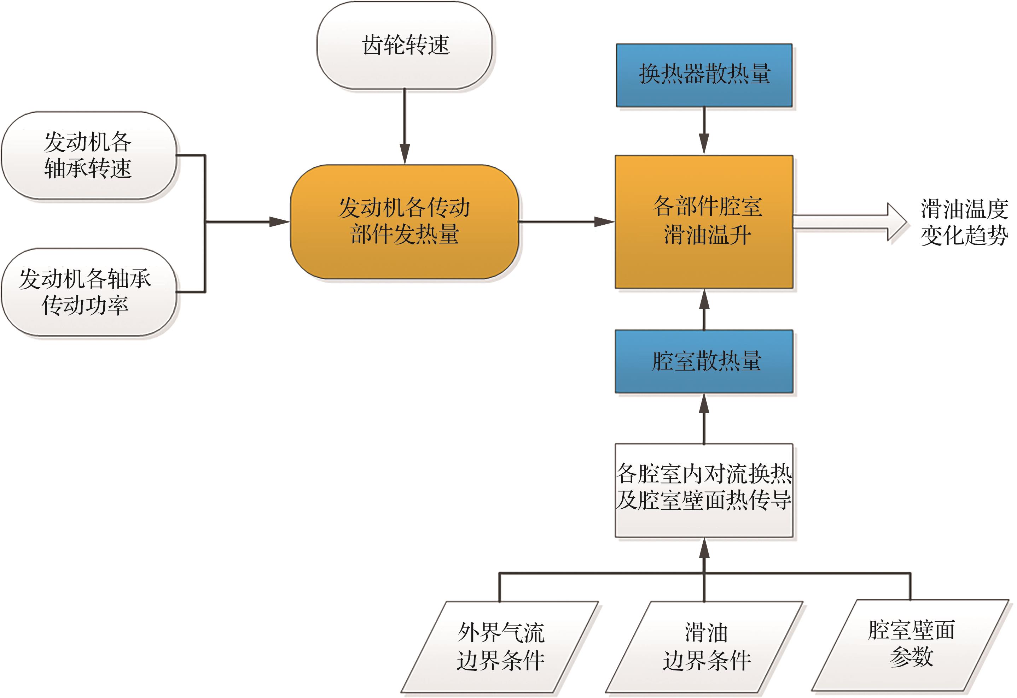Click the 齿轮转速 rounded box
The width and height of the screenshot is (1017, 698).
tap(405, 46)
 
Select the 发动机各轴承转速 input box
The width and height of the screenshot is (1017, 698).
tap(88, 155)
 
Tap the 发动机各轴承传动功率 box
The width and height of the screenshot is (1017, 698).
tap(88, 292)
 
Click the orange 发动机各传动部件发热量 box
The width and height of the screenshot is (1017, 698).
tap(405, 222)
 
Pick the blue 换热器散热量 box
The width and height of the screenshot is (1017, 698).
tap(704, 75)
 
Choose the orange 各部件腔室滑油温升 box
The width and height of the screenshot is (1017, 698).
tap(704, 222)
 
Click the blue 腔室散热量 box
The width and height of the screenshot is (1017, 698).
tap(704, 361)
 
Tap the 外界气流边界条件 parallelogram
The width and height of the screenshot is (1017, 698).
tap(500, 647)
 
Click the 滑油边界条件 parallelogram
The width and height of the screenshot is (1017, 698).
tap(704, 647)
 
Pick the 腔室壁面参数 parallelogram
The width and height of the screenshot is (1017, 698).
tap(911, 645)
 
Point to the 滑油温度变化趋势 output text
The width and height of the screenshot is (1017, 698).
tap(964, 222)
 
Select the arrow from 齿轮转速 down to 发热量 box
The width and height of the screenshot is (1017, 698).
tap(405, 127)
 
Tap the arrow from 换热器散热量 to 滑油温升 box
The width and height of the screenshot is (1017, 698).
tap(704, 131)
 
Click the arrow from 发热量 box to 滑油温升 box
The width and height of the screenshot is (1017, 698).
tap(566, 222)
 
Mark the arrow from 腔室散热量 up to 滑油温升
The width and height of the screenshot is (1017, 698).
tap(704, 309)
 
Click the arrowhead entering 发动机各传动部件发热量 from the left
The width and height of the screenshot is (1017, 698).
tap(279, 222)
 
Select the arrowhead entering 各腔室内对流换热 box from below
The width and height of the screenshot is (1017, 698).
tap(704, 549)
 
